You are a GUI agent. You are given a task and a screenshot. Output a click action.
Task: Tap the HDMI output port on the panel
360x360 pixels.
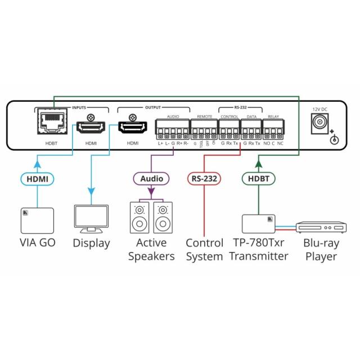click(132, 128)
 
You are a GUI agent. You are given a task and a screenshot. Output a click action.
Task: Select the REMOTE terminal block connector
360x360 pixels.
click(203, 134)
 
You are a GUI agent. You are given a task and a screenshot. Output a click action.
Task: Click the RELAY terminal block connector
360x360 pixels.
click(273, 134)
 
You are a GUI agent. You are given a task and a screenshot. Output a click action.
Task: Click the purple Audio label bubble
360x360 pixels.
click(151, 178)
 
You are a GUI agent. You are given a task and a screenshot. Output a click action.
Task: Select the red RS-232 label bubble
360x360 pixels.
click(204, 178)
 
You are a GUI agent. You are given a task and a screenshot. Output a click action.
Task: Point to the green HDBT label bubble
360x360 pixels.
click(258, 178)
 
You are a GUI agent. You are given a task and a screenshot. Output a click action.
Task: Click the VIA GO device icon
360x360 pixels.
click(38, 220)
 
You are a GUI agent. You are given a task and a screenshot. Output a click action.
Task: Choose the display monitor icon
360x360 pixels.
click(91, 219)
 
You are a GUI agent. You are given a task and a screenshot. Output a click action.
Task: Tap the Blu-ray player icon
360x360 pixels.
click(321, 226)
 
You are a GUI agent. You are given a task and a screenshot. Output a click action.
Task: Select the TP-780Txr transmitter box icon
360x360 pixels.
click(259, 223)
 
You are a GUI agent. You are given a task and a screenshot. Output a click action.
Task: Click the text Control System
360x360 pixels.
click(204, 250)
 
